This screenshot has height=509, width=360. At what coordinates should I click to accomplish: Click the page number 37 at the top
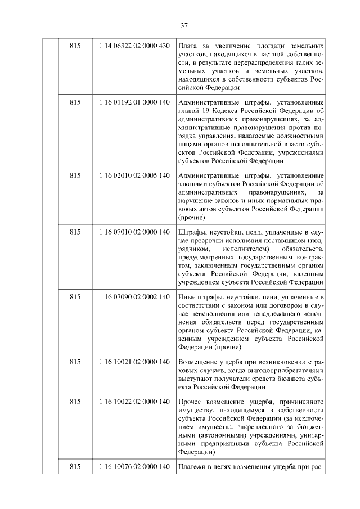pyautogui.click(x=184, y=25)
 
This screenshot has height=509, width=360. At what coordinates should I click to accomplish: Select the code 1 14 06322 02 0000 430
pyautogui.click(x=134, y=46)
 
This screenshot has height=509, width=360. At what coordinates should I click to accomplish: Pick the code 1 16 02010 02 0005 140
pyautogui.click(x=134, y=175)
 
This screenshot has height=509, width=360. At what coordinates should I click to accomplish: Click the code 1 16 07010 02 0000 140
pyautogui.click(x=134, y=232)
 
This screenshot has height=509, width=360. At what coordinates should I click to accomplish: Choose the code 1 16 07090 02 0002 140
pyautogui.click(x=134, y=297)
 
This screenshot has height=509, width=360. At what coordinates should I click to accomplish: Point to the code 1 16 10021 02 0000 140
pyautogui.click(x=134, y=362)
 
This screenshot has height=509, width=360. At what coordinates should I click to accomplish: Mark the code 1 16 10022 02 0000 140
pyautogui.click(x=134, y=403)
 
